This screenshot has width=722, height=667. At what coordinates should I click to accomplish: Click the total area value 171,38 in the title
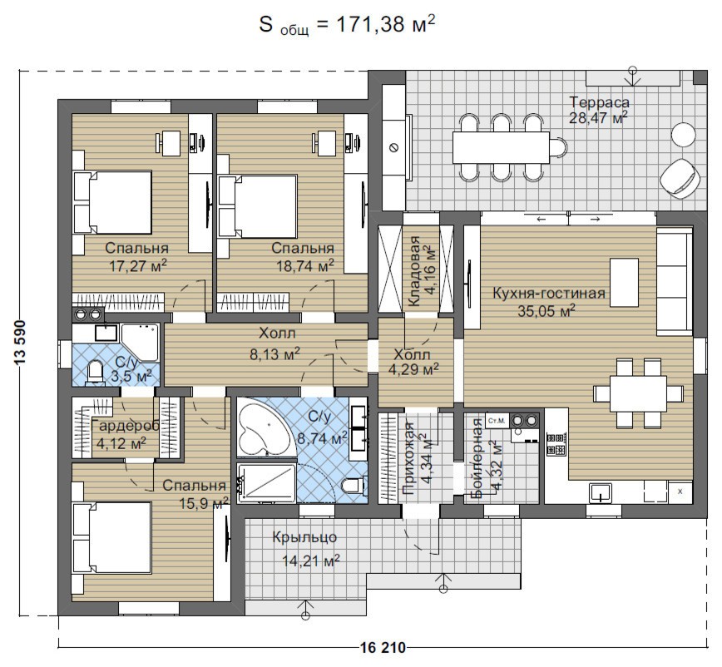click(x=371, y=24)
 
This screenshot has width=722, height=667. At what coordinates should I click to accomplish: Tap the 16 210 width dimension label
click(x=383, y=648)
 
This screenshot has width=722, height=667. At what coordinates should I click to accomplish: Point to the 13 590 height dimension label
click(x=21, y=343)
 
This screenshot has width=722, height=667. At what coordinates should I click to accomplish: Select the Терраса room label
click(x=599, y=101)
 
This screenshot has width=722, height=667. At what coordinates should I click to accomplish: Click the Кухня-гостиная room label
click(x=549, y=294)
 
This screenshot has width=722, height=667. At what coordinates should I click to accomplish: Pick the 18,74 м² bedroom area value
click(x=304, y=265)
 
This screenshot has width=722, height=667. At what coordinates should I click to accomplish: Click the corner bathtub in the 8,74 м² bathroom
click(x=264, y=428)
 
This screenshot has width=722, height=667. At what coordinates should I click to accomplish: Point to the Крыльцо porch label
click(x=304, y=537)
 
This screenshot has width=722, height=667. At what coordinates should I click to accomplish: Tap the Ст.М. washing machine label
click(x=497, y=421)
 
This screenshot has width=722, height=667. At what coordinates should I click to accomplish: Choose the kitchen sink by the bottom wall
click(x=600, y=492)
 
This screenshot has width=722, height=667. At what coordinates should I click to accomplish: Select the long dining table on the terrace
click(x=501, y=147)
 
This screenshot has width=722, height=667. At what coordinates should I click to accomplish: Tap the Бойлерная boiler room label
click(x=477, y=458)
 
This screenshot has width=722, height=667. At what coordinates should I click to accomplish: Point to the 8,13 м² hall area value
click(x=274, y=353)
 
